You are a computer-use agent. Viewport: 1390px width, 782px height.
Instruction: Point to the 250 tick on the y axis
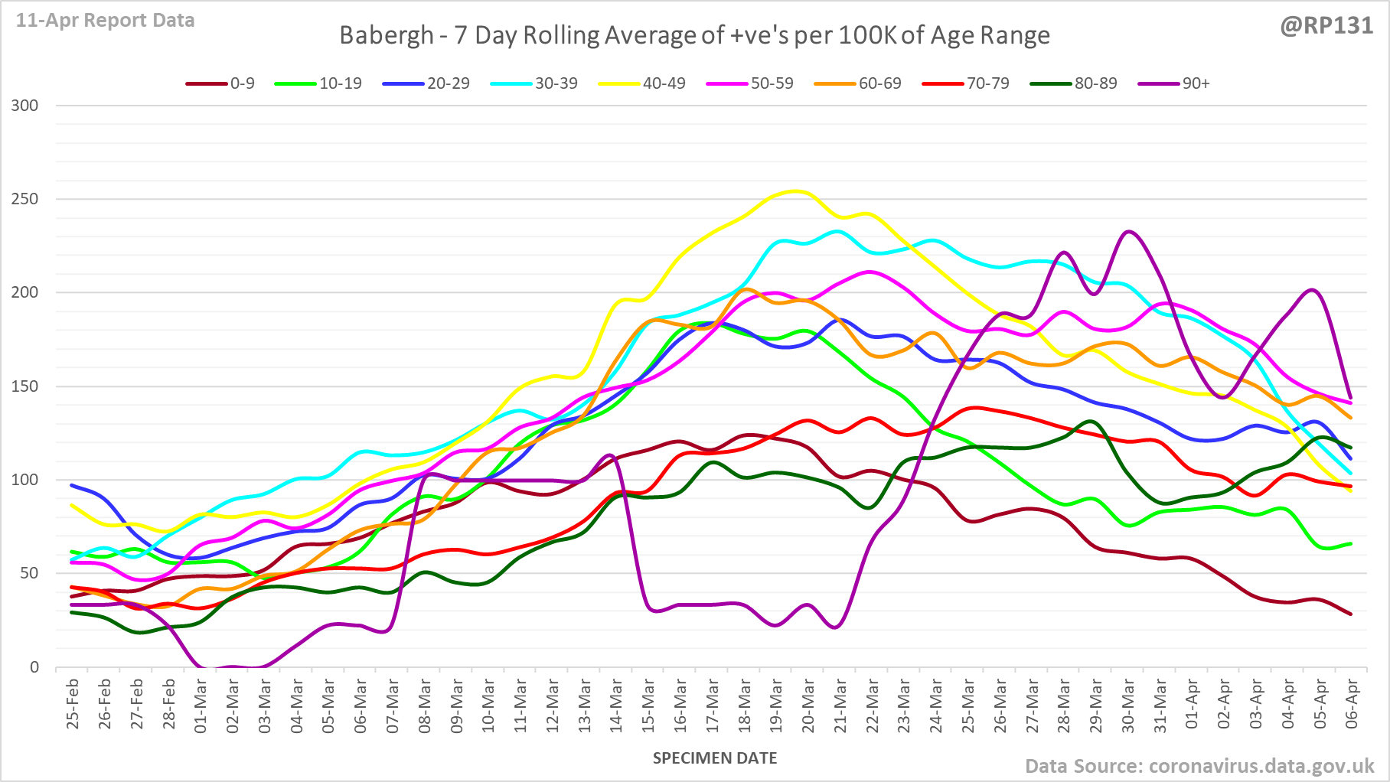coord(24,199)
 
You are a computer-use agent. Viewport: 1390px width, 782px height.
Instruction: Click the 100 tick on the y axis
coord(24,480)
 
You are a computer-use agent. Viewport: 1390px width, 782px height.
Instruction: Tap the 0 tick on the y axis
coord(34,667)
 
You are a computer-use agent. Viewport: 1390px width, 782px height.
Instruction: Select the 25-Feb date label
coord(73,704)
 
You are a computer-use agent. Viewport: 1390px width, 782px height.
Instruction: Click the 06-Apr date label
coord(1352,704)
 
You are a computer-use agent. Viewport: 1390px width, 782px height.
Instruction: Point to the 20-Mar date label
coord(808,704)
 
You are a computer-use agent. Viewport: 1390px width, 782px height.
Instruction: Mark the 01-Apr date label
coord(1192,704)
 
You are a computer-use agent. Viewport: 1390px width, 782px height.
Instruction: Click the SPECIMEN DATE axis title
coord(715,758)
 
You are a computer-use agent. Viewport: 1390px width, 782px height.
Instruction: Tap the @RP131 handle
coord(1326,26)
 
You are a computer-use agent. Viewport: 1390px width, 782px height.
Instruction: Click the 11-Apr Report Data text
coord(105,21)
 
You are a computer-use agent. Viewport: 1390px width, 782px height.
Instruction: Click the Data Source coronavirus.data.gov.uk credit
coord(1199,766)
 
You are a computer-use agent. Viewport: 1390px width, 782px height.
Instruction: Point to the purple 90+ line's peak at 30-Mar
coord(1129,231)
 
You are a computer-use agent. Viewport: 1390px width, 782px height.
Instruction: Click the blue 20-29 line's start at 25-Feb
coord(72,485)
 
